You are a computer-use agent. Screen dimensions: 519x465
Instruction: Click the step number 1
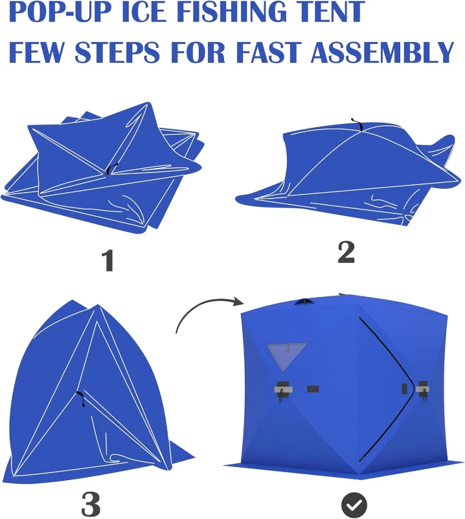pos(108,260)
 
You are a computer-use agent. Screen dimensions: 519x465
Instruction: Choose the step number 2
pos(346,252)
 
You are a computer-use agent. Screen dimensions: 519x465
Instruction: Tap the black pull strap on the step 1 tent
pos(111,169)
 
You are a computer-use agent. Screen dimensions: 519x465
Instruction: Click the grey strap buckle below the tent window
pos(283,389)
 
